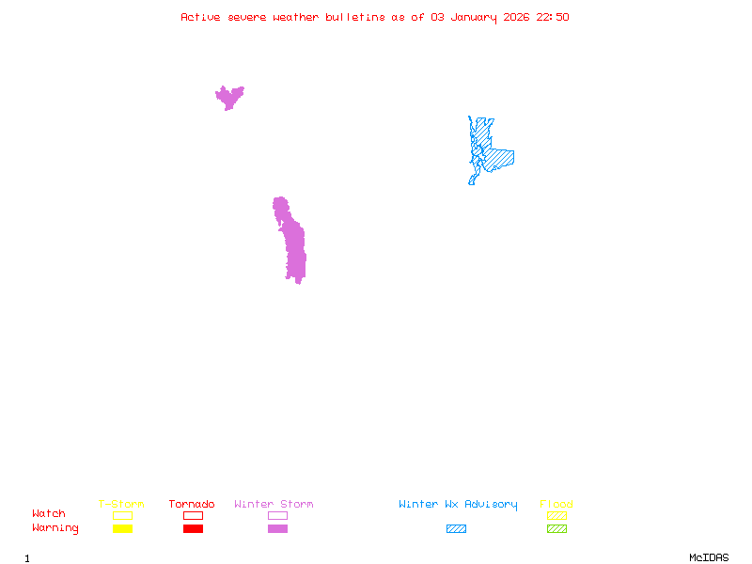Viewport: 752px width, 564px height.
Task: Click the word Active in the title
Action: (x=201, y=17)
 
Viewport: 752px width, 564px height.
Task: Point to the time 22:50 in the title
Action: (x=553, y=17)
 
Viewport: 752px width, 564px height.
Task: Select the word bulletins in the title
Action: (x=354, y=17)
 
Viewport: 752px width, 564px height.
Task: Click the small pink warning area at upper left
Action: (x=228, y=96)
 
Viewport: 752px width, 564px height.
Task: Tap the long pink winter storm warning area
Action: (x=292, y=243)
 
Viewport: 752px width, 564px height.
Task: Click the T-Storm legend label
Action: (x=121, y=505)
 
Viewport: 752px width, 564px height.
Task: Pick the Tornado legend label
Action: (x=192, y=505)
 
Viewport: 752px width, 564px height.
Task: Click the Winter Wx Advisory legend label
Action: (x=458, y=505)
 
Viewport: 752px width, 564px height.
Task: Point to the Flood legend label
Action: (x=556, y=505)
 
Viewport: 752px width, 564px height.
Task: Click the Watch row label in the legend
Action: (x=49, y=514)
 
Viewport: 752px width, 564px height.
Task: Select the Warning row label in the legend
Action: (x=55, y=528)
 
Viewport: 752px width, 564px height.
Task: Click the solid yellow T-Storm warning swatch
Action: (x=122, y=528)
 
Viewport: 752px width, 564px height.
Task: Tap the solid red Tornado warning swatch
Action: (x=193, y=528)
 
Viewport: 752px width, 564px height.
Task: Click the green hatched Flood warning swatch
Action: (x=556, y=528)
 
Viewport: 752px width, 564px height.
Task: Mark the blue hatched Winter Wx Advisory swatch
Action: (x=456, y=528)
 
